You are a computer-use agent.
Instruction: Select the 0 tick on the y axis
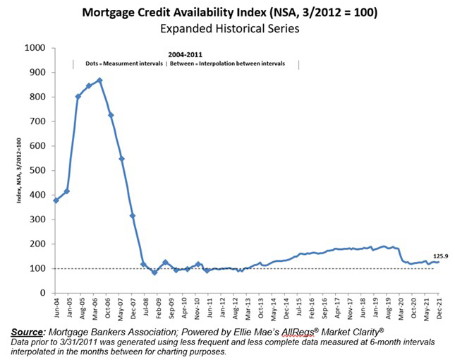pyautogui.click(x=44, y=292)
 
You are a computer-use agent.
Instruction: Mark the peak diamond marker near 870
pyautogui.click(x=99, y=80)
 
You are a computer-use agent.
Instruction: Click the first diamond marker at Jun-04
pyautogui.click(x=56, y=200)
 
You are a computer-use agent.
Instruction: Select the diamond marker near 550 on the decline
pyautogui.click(x=121, y=159)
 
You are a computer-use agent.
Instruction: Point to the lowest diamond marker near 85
pyautogui.click(x=154, y=272)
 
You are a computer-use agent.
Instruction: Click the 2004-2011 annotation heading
pyautogui.click(x=186, y=54)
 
